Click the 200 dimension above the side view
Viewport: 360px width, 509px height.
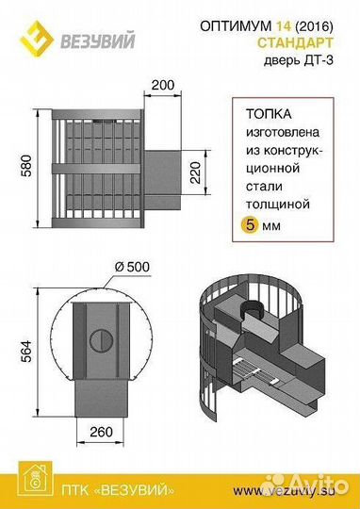tap(162, 86)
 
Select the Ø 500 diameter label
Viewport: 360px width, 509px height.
tap(128, 265)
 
